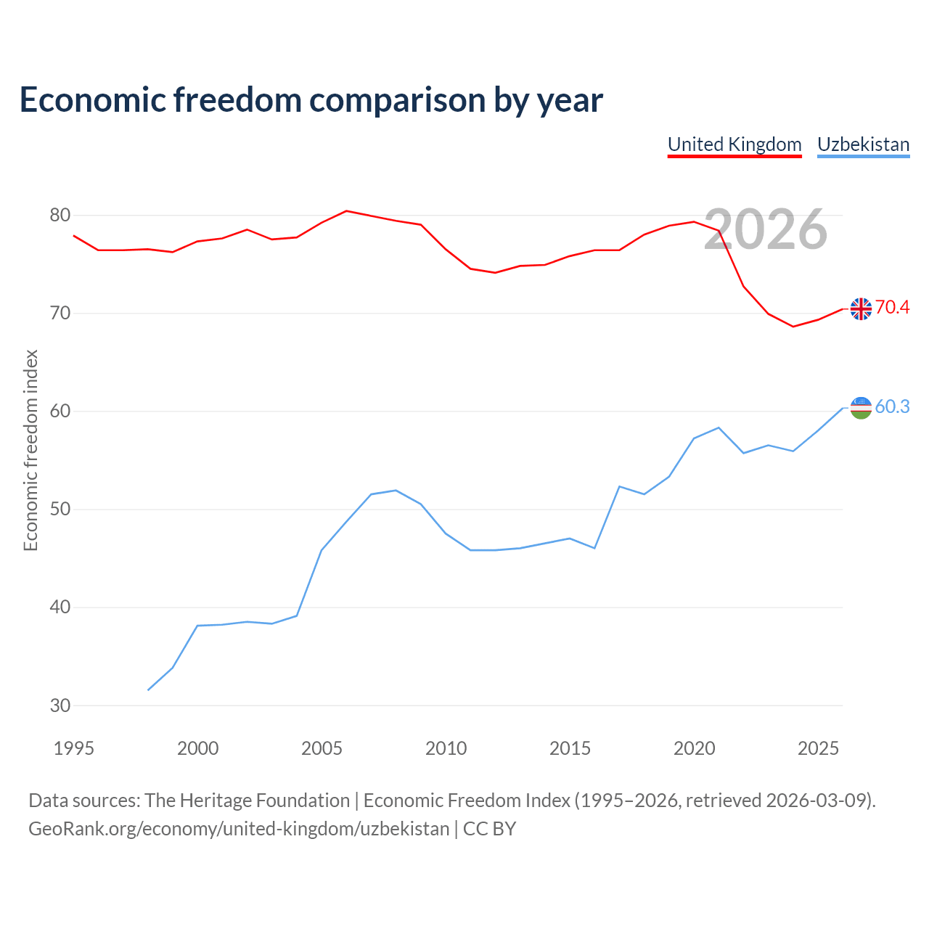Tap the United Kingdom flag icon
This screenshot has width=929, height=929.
tap(861, 308)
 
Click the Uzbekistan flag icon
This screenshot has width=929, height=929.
tap(861, 408)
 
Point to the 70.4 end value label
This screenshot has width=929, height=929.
tap(893, 307)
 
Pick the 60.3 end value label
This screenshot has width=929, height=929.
tap(893, 406)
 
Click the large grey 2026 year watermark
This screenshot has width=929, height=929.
tap(766, 229)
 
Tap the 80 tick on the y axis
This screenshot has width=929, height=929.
tap(60, 215)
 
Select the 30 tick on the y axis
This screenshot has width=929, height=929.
tap(60, 705)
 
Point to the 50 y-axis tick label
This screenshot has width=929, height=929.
tap(60, 509)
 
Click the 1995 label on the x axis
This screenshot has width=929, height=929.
tap(74, 748)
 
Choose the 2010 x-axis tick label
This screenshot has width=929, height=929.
tap(446, 748)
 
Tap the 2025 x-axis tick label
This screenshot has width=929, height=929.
tap(818, 748)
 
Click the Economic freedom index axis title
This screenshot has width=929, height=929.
tap(30, 450)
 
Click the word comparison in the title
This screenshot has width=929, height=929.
tap(397, 100)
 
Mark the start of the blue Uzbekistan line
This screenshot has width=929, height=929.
tap(148, 690)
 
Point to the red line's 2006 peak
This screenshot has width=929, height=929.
tap(346, 210)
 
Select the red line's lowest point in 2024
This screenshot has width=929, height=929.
tap(793, 327)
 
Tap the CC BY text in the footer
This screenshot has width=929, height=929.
tap(489, 829)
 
